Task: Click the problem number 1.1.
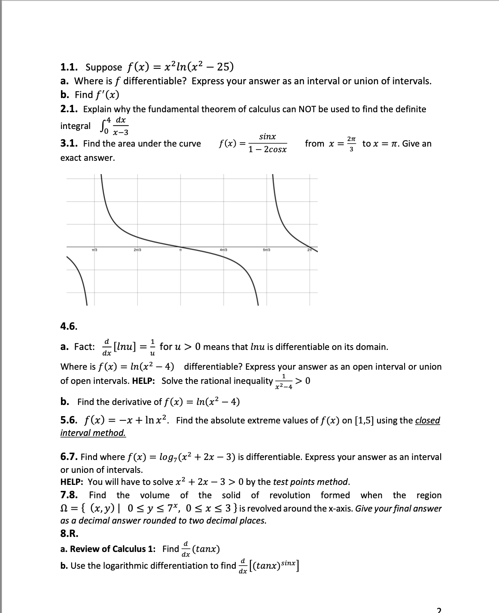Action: tap(69, 67)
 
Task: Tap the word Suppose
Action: tap(103, 67)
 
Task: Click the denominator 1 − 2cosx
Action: tap(267, 150)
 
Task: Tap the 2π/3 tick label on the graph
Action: tap(138, 250)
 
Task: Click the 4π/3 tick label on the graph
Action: tap(223, 250)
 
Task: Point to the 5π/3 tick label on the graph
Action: tap(266, 250)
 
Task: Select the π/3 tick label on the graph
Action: tap(95, 250)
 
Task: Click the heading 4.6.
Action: tap(69, 326)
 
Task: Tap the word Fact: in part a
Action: tap(84, 347)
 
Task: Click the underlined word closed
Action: tap(427, 420)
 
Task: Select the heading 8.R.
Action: tap(69, 533)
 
